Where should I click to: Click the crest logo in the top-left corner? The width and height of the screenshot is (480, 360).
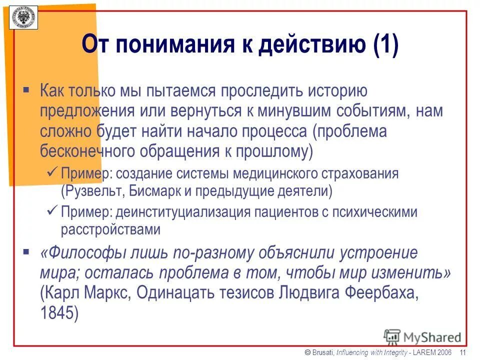23,18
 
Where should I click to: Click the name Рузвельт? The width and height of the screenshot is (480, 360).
92,191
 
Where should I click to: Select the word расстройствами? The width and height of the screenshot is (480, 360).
110,229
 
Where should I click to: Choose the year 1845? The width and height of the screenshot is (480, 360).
59,313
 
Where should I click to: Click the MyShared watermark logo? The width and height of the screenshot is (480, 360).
422,336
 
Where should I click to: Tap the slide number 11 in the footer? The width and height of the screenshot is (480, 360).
463,353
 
